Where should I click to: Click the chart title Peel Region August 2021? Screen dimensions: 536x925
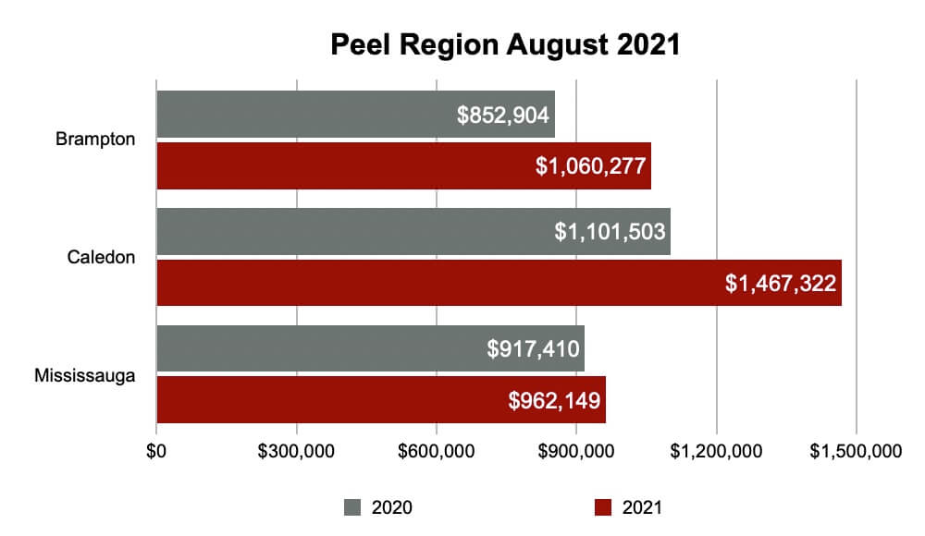pos(505,44)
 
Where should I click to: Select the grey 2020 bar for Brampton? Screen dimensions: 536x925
pos(305,115)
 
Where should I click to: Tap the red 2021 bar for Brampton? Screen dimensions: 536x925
pos(342,166)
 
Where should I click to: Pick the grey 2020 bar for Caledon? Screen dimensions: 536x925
pos(351,231)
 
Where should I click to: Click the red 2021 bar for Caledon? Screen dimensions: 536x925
pos(435,283)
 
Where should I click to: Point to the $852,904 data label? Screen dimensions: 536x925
pos(504,116)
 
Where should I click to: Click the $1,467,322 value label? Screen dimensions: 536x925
pos(783,284)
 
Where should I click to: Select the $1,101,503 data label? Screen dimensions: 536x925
pos(610,232)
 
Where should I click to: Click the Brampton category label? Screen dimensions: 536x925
pos(95,140)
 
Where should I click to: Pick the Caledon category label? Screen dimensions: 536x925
pos(102,258)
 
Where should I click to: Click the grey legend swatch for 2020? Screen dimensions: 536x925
pos(352,507)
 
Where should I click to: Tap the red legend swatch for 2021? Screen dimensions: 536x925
pos(603,507)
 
